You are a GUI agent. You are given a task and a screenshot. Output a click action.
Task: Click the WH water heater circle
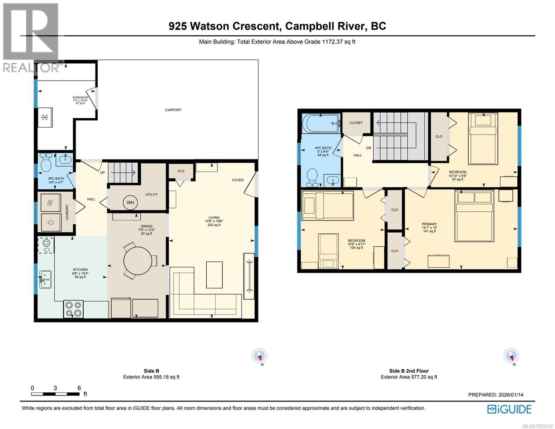point(130,202)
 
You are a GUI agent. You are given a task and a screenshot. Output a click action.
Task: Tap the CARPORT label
point(173,110)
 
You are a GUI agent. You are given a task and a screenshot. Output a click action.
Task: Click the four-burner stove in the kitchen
point(73,309)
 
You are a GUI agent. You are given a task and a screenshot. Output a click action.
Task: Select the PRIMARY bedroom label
point(429,224)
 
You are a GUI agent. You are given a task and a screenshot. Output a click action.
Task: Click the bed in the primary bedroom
point(474,216)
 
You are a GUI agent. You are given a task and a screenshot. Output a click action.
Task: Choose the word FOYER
point(238,180)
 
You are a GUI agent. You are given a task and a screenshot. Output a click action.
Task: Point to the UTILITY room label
point(151,194)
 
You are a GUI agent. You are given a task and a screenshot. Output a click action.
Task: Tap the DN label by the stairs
point(368,148)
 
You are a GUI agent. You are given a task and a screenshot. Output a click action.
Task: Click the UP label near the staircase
point(102,172)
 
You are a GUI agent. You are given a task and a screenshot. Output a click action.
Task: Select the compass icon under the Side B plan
point(259,356)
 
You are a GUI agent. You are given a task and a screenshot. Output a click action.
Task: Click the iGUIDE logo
point(509,409)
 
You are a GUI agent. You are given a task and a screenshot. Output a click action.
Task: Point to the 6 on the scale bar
point(79,388)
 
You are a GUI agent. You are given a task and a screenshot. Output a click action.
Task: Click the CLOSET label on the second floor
point(356,123)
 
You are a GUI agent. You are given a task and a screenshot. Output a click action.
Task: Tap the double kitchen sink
point(46,279)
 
